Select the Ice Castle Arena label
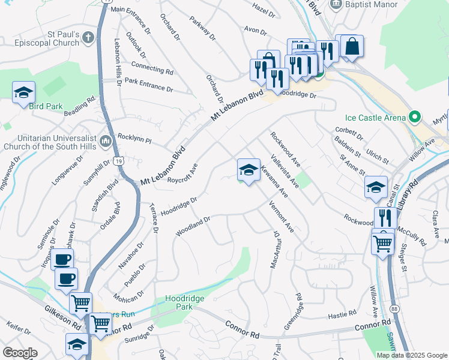point(375,118)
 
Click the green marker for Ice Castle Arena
point(414,117)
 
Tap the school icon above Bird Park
point(23,92)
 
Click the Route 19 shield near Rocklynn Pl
point(119,161)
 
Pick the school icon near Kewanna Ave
point(248,170)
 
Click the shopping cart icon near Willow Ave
point(382,243)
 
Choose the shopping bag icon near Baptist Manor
point(352,46)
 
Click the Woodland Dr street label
point(192,226)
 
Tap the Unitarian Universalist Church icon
point(106,141)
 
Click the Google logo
point(20,353)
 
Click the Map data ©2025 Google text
point(411,355)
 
